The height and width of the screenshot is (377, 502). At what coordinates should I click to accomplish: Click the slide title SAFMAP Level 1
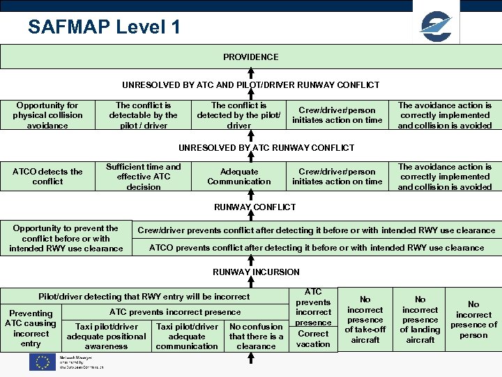click(104, 27)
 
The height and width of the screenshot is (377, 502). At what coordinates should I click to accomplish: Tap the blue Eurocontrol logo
click(436, 27)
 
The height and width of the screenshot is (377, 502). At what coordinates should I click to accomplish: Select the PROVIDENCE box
click(250, 57)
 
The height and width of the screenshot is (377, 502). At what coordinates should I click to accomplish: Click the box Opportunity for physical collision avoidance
click(47, 115)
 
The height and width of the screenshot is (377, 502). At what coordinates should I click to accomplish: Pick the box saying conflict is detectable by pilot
click(143, 115)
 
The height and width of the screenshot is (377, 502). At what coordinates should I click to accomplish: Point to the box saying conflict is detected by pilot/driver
click(238, 115)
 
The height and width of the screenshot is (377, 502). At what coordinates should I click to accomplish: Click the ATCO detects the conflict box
click(47, 177)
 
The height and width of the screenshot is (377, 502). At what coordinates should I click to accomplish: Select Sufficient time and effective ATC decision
click(143, 177)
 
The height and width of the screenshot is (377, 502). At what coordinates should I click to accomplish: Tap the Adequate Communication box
click(238, 177)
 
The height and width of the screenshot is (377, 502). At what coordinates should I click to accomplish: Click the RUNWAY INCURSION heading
click(256, 272)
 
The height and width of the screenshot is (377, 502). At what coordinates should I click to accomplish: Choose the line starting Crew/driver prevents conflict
click(316, 230)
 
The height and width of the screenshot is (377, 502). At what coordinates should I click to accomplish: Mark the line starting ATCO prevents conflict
click(316, 248)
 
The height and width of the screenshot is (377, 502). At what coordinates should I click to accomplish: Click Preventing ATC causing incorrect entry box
click(31, 328)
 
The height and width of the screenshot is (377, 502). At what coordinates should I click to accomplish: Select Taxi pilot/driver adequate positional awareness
click(106, 336)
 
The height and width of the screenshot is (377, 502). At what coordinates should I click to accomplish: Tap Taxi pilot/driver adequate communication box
click(187, 336)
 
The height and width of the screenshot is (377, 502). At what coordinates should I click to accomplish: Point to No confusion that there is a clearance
click(256, 336)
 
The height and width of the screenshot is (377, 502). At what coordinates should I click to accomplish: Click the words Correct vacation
click(313, 339)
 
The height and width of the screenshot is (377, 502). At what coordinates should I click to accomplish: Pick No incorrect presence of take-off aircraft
click(365, 320)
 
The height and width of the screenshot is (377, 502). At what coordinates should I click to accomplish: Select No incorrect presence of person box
click(473, 320)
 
